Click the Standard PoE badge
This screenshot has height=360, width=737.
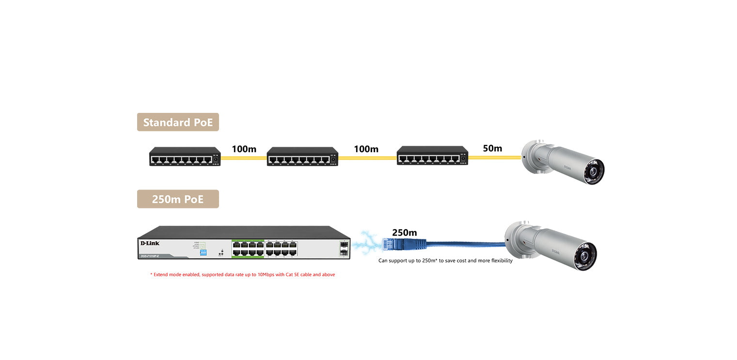pos(178,122)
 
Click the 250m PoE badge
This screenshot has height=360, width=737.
pos(178,199)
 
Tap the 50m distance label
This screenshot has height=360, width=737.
pos(492,148)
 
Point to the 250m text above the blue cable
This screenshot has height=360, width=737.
pos(404,233)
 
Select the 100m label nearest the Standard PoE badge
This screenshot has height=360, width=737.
pos(244,149)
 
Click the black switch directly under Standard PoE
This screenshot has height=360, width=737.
pos(185,157)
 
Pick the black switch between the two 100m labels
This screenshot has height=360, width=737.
pos(302,157)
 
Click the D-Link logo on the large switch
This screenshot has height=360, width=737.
pos(150,243)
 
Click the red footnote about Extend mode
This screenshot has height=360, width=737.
pos(242,275)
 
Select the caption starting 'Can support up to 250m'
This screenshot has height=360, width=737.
pos(445,261)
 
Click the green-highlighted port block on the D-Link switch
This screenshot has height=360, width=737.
pos(248,249)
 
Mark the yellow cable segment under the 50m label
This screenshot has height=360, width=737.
pos(494,157)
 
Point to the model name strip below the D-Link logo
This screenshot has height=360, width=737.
pos(150,255)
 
